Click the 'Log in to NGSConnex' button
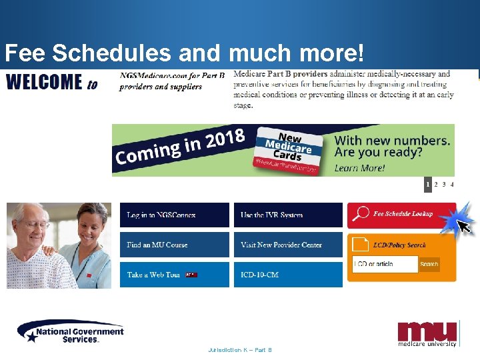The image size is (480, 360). pyautogui.click(x=174, y=215)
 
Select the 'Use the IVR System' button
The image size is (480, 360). pyautogui.click(x=288, y=215)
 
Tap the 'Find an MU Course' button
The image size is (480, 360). pyautogui.click(x=174, y=245)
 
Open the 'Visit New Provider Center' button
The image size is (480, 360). pyautogui.click(x=288, y=245)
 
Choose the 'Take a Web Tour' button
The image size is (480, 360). pyautogui.click(x=174, y=275)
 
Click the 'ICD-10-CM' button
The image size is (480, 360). pyautogui.click(x=288, y=275)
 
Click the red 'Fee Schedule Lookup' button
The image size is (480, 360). pyautogui.click(x=401, y=215)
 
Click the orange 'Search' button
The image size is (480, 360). pyautogui.click(x=429, y=264)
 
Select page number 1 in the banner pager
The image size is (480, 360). pyautogui.click(x=428, y=185)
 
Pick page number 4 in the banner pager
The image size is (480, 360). pyautogui.click(x=452, y=185)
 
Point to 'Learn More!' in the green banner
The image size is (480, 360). pyautogui.click(x=359, y=167)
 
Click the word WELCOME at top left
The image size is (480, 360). pyautogui.click(x=44, y=82)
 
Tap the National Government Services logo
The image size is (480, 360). pyautogui.click(x=70, y=332)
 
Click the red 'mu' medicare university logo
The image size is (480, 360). pyautogui.click(x=427, y=333)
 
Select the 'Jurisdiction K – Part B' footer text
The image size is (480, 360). pyautogui.click(x=240, y=349)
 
